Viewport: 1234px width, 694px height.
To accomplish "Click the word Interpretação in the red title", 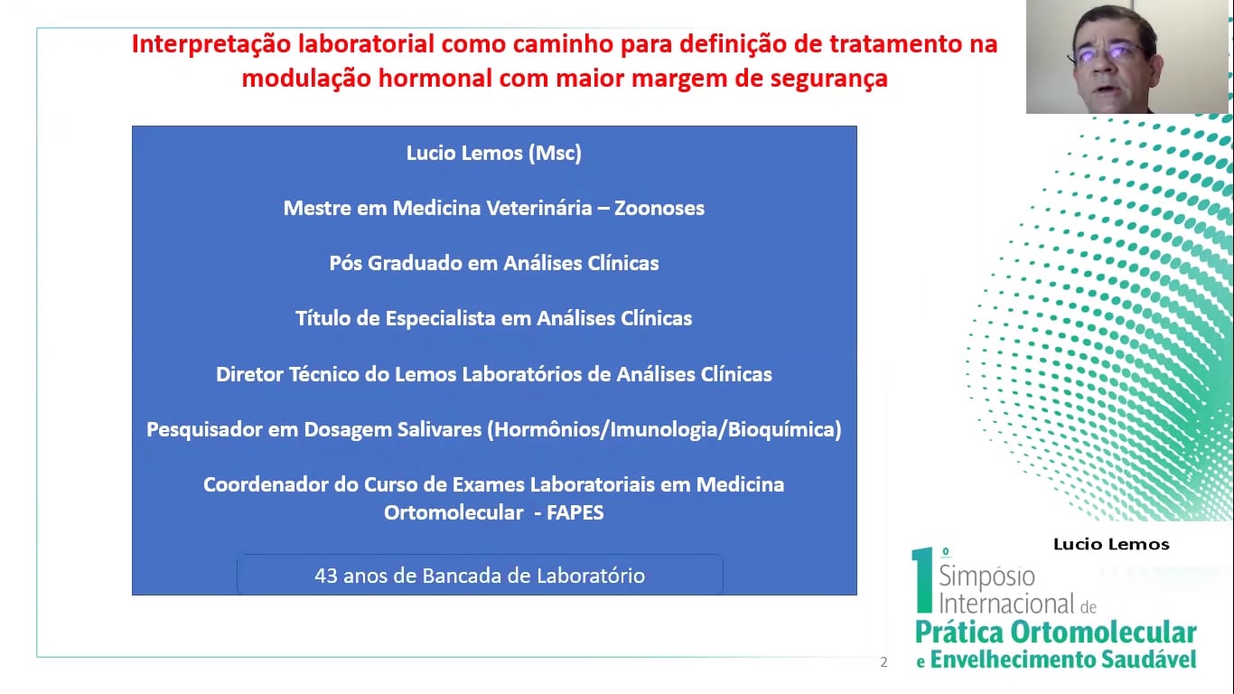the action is tap(211, 44).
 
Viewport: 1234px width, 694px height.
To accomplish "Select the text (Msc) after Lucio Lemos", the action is tap(555, 154).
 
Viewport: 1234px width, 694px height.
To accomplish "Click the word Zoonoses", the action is tap(659, 209).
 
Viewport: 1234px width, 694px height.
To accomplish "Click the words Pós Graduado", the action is tap(395, 264).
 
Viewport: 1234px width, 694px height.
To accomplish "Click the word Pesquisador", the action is tap(204, 429).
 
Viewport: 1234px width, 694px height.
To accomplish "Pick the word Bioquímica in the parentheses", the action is tap(781, 429).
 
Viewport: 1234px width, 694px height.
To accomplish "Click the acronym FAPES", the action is tap(575, 512).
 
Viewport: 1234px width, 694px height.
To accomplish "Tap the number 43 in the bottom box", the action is tap(325, 576).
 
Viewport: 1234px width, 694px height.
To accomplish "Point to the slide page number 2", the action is tap(883, 662).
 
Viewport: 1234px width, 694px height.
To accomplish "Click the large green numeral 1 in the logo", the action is tap(922, 580).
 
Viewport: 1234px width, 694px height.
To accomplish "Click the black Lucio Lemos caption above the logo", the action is tap(1111, 545).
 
